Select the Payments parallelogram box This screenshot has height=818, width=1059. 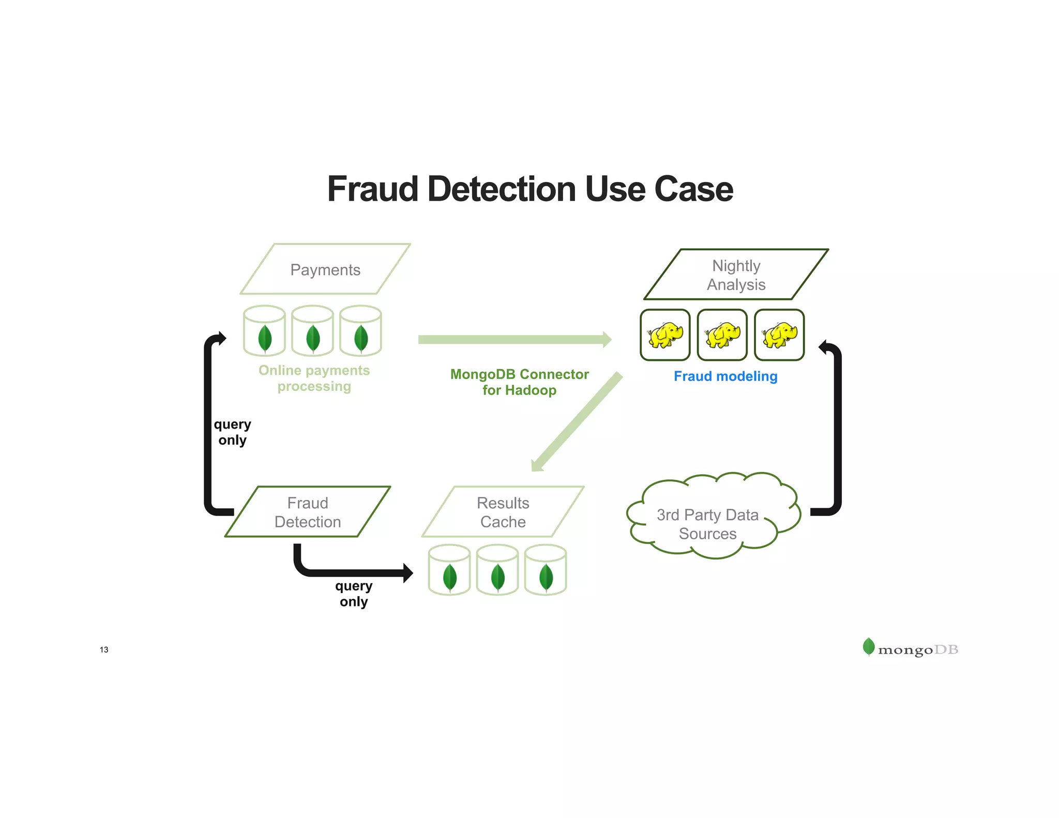(x=325, y=269)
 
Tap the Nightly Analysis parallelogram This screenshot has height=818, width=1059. (x=736, y=275)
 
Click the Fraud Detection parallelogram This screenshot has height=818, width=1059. (x=308, y=512)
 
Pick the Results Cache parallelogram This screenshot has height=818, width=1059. (x=503, y=512)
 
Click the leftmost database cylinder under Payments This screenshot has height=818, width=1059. (x=264, y=331)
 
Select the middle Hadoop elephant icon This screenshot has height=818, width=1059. (x=722, y=335)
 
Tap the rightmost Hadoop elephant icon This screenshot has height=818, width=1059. (x=779, y=335)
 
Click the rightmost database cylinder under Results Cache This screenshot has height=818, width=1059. (x=546, y=570)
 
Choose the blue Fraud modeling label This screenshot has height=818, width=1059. (x=725, y=376)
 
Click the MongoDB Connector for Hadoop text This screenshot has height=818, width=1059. (x=519, y=382)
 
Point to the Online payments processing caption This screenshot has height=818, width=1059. (x=314, y=378)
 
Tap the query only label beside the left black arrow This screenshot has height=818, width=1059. (x=232, y=432)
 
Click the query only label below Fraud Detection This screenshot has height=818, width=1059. (x=354, y=594)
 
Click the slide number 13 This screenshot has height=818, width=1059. (x=104, y=649)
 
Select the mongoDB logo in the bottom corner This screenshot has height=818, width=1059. (x=910, y=648)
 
